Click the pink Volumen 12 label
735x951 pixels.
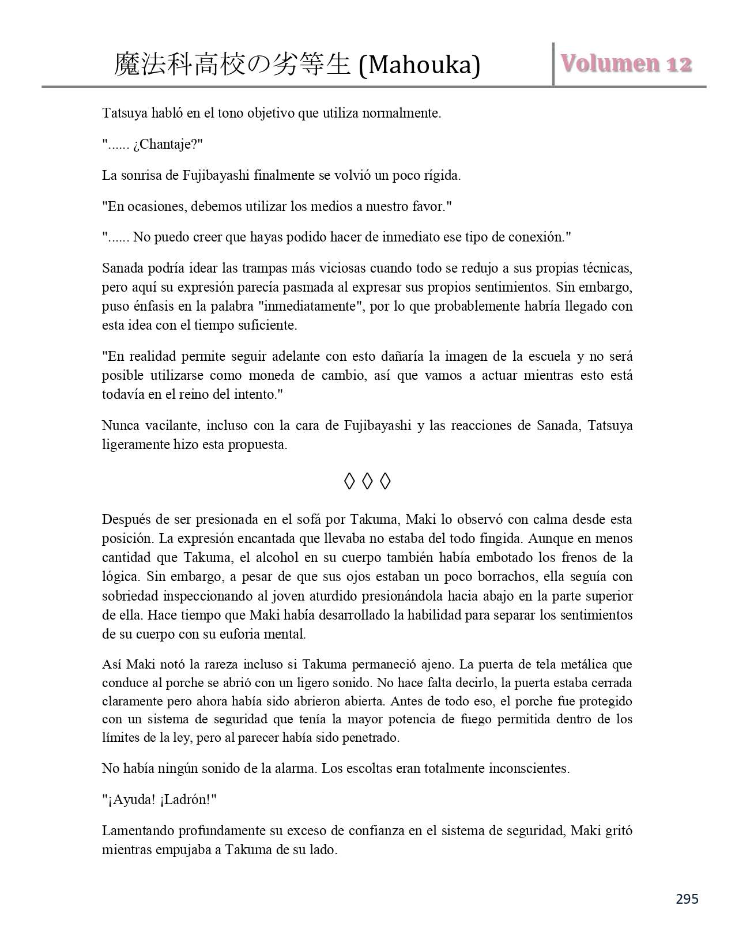coord(626,63)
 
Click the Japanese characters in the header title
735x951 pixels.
coord(232,65)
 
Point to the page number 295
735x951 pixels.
coord(687,899)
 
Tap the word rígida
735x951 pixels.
coord(442,175)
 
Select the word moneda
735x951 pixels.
coord(270,375)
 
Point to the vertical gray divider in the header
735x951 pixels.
coord(553,64)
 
